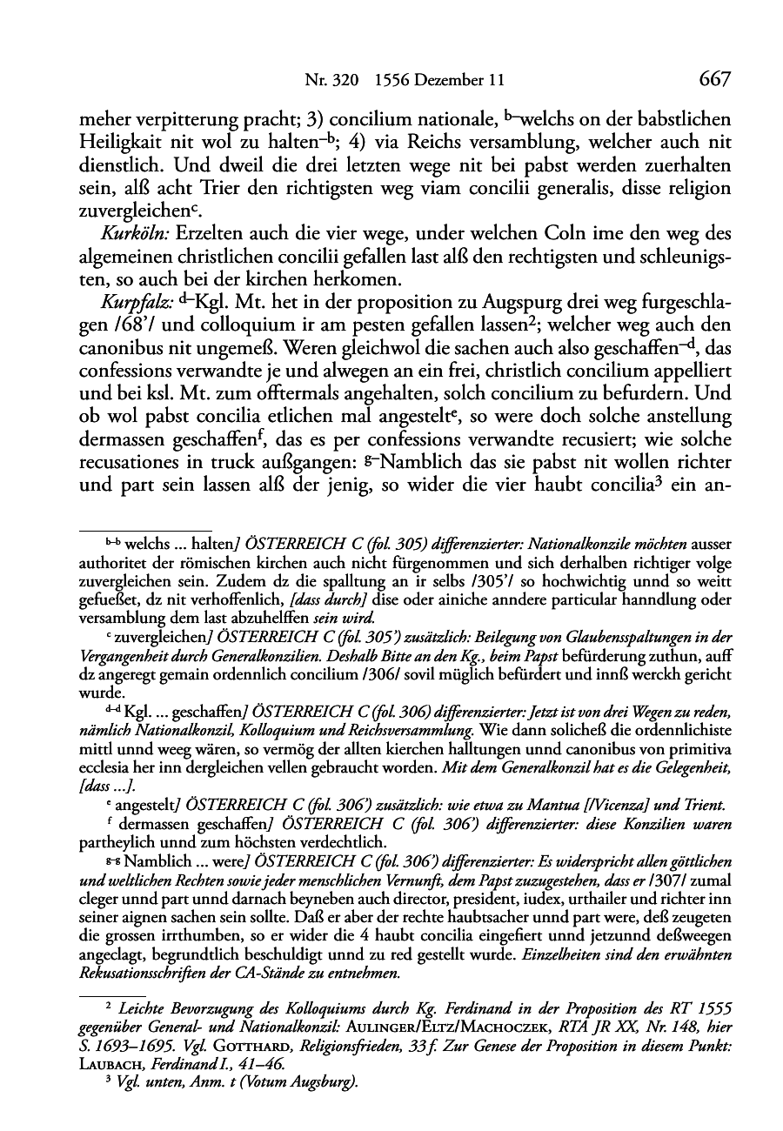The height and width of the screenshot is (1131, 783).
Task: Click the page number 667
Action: [x=713, y=79]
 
